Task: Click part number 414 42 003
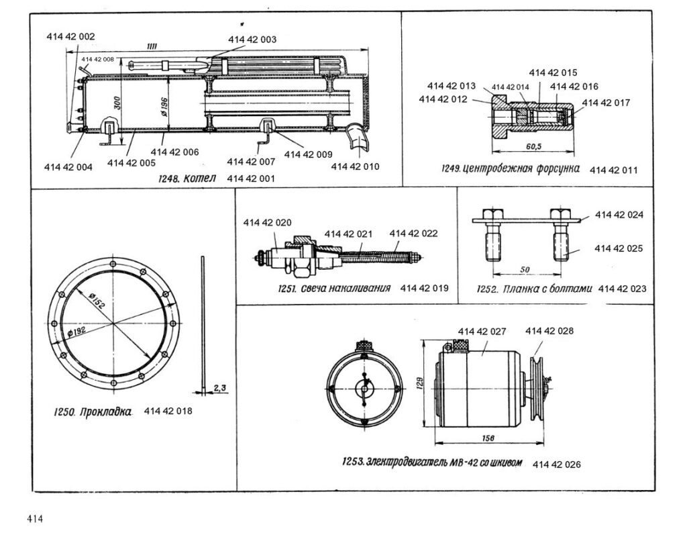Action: click(x=252, y=40)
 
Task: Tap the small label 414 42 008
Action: click(x=97, y=60)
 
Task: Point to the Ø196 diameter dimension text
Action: click(x=162, y=106)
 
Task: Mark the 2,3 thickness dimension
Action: click(x=220, y=387)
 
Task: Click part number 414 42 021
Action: click(x=348, y=234)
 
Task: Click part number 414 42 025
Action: click(x=619, y=248)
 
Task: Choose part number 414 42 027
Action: click(x=482, y=331)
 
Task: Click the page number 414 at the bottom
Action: click(x=35, y=519)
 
